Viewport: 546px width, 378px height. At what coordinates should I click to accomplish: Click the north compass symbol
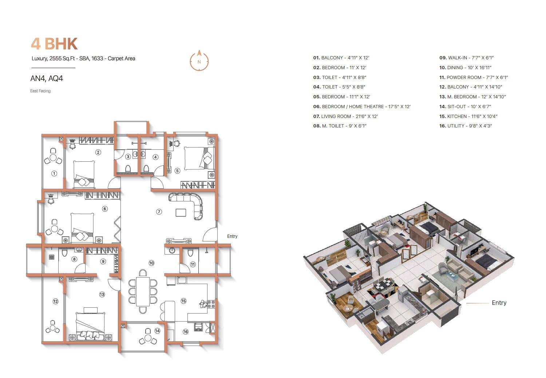(x=199, y=61)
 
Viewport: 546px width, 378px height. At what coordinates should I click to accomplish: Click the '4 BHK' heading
(x=54, y=44)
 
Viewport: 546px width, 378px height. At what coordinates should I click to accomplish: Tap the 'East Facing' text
(x=40, y=91)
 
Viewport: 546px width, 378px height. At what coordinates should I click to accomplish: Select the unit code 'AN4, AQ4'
(x=47, y=79)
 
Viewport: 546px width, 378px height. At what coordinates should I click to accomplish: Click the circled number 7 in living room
(x=159, y=212)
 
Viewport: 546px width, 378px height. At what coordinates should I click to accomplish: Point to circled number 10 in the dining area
(x=151, y=263)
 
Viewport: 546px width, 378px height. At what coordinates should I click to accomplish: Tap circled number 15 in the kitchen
(x=183, y=301)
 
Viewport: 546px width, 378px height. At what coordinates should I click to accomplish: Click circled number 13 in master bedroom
(x=102, y=294)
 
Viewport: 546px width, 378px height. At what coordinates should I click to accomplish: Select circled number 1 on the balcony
(x=54, y=173)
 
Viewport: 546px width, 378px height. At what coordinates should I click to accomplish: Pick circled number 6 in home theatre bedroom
(x=105, y=209)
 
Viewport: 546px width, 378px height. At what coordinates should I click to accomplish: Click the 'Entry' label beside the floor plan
(x=232, y=236)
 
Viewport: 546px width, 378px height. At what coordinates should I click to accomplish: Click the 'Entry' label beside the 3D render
(x=499, y=303)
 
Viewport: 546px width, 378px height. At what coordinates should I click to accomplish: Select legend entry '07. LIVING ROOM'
(x=345, y=117)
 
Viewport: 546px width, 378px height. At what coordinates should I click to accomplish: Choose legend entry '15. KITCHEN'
(x=468, y=117)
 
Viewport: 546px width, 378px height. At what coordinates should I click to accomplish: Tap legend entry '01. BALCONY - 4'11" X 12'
(x=341, y=58)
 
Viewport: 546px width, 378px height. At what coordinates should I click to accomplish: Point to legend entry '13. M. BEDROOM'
(x=472, y=97)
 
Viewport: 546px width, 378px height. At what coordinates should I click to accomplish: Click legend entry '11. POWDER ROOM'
(x=473, y=78)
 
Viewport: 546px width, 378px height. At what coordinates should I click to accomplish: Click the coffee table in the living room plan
(x=181, y=212)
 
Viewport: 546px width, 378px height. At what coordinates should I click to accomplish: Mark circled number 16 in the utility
(x=186, y=331)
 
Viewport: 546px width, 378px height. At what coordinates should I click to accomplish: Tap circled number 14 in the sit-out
(x=157, y=331)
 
